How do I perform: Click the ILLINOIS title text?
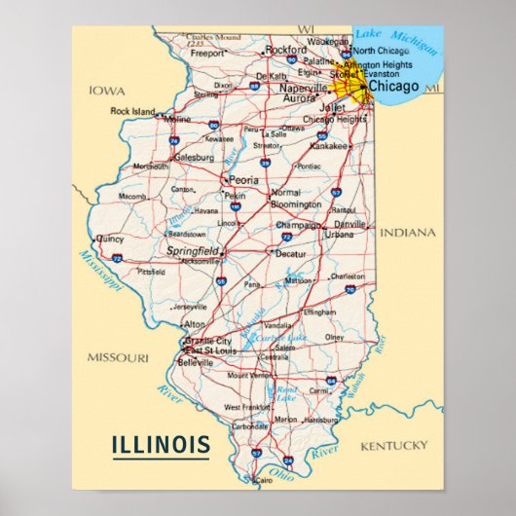(x=161, y=446)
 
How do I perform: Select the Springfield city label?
(x=194, y=249)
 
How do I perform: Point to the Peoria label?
(x=243, y=180)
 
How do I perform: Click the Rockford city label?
(x=285, y=49)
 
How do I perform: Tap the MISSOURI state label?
(x=118, y=357)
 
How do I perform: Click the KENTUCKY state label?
(x=393, y=445)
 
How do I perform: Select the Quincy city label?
(x=110, y=238)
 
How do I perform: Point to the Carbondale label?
(x=250, y=426)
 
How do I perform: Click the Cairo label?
(x=264, y=481)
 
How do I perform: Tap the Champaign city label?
(x=298, y=224)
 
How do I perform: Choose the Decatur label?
(x=291, y=253)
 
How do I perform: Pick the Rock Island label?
(x=132, y=111)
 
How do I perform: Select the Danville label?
(x=350, y=223)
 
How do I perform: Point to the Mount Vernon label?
(x=250, y=375)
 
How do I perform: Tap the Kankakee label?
(x=328, y=146)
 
